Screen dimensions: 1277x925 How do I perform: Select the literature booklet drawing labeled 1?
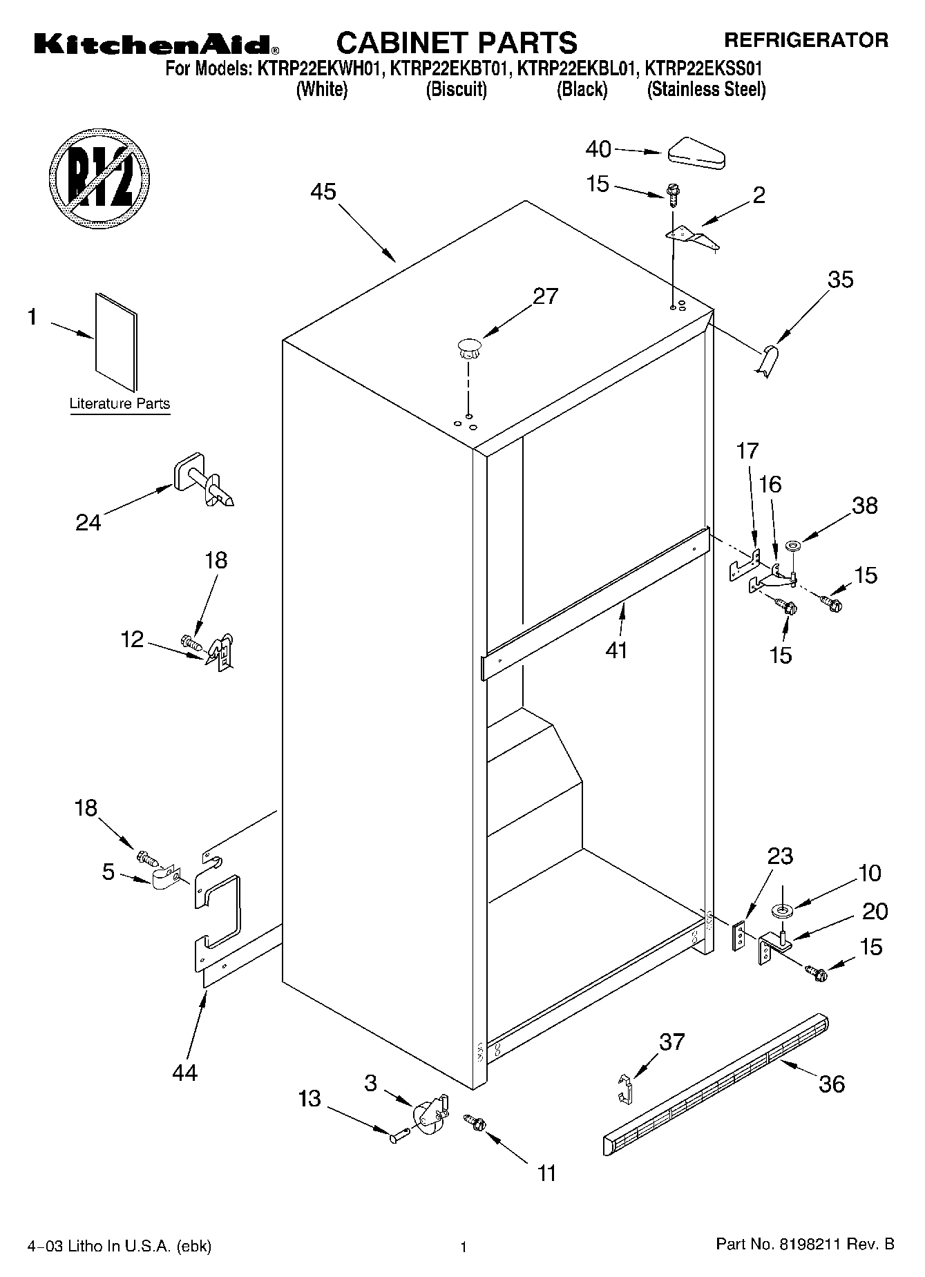point(116,341)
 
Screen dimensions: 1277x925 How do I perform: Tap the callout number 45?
point(323,191)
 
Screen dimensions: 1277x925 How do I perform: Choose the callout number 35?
point(841,280)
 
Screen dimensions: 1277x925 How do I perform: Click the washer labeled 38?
point(792,547)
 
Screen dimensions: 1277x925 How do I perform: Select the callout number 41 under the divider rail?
point(616,650)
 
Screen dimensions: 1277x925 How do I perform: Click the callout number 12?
point(132,640)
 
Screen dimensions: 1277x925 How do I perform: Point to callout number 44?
point(185,1072)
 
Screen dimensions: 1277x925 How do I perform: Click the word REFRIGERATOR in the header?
point(805,40)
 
